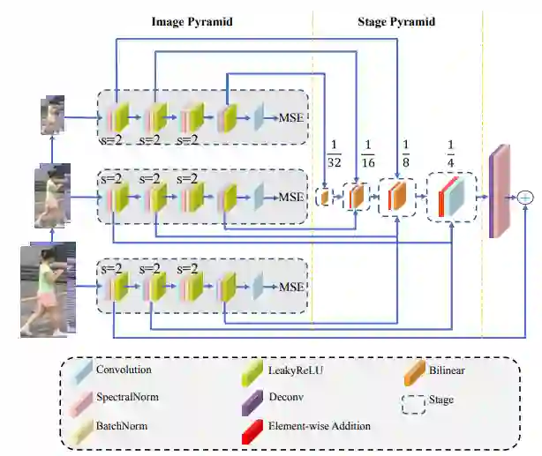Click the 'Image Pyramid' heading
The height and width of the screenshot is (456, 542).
coord(192,20)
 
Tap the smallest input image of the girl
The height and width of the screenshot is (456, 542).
coord(52,116)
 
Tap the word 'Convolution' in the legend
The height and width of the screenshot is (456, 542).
coord(124,370)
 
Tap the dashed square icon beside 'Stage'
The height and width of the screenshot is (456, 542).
coord(412,401)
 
